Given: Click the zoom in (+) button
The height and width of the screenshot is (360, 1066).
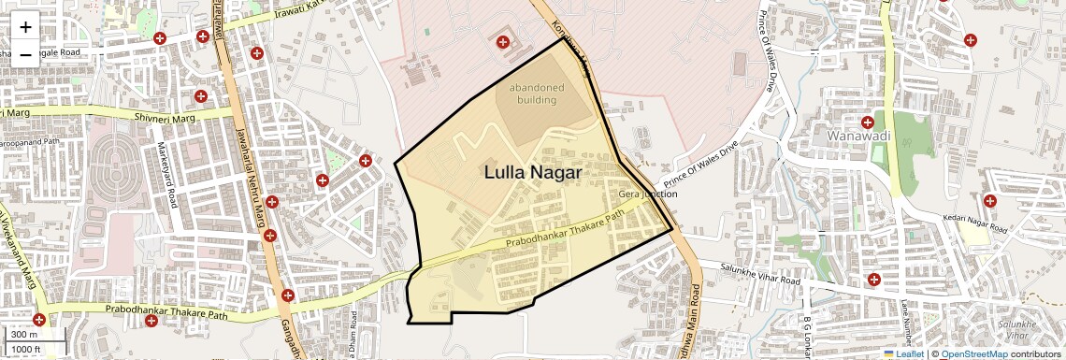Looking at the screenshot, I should click(x=25, y=26).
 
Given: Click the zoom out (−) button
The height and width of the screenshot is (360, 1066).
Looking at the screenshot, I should click(x=25, y=54).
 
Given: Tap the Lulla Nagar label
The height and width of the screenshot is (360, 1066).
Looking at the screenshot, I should click(x=533, y=172).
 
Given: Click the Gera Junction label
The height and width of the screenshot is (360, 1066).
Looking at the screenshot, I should click(x=648, y=194).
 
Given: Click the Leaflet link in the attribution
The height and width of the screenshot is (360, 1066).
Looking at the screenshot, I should click(x=909, y=353).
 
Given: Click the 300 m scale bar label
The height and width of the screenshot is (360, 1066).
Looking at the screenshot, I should click(x=24, y=335).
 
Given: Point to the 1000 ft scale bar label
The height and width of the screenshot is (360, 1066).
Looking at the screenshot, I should click(x=26, y=349).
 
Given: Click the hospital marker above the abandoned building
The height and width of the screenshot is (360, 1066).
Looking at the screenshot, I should click(x=504, y=42).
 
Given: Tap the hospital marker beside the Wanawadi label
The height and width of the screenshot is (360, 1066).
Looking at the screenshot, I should click(x=869, y=122).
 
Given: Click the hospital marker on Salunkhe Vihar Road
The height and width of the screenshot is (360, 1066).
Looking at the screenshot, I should click(x=873, y=279).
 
